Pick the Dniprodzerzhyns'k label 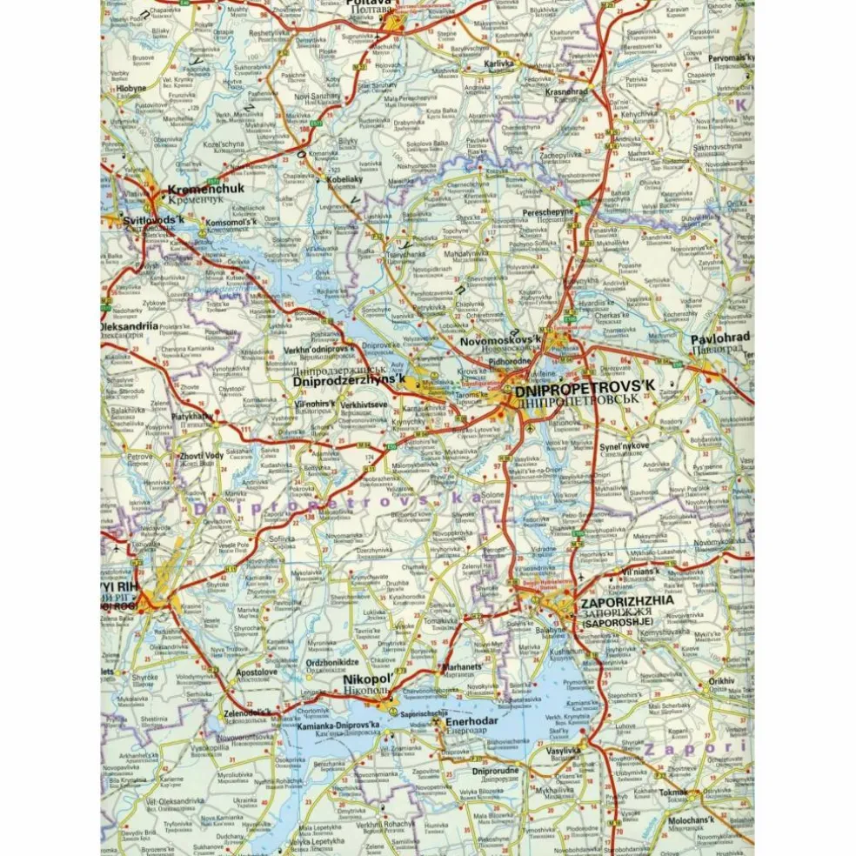pos(349,380)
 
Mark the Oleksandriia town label pos(130,325)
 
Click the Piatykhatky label pos(191,417)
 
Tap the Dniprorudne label pos(496,771)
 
